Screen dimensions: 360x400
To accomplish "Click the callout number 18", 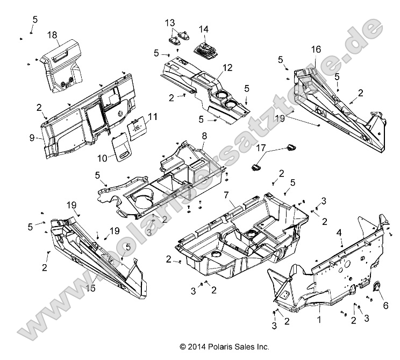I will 52,34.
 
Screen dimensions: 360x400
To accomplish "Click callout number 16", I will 316,49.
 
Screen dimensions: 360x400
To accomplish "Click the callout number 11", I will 138,116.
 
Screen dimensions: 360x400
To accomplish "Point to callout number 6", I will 385,305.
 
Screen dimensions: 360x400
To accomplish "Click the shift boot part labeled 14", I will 205,48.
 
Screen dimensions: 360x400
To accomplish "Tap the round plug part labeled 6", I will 376,288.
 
